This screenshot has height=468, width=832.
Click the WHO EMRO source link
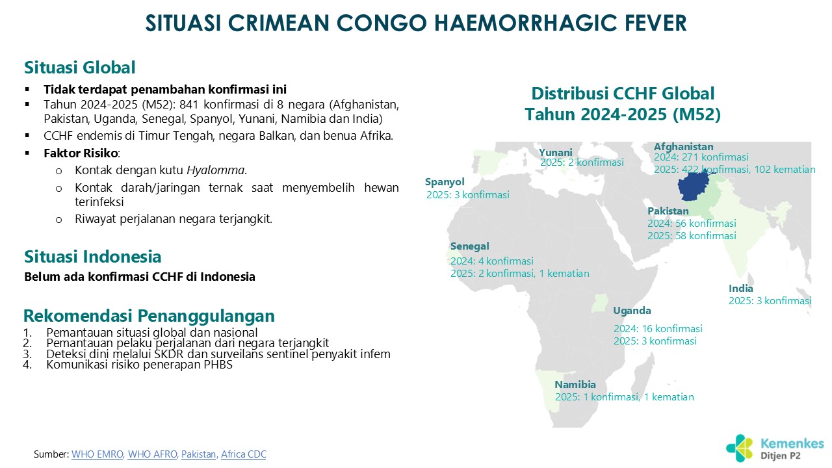(x=97, y=454)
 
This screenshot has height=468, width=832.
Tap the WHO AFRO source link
(x=152, y=454)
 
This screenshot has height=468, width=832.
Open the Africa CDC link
(x=244, y=454)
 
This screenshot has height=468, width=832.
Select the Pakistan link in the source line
(x=198, y=454)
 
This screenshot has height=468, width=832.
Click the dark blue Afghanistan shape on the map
(x=692, y=187)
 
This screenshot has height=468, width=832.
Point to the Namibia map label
(x=575, y=384)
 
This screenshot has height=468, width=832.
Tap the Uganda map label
(x=632, y=311)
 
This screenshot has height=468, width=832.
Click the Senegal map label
(x=469, y=246)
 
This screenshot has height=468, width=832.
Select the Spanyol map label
(x=445, y=182)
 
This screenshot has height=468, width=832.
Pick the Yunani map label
(x=556, y=152)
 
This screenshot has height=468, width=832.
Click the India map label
(x=740, y=288)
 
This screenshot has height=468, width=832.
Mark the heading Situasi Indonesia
(x=92, y=257)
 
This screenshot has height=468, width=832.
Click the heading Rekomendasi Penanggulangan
(x=149, y=316)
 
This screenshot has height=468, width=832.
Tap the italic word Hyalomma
(x=215, y=170)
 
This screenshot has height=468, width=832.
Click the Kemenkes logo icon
(x=739, y=448)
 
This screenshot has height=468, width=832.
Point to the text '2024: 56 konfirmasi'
(x=692, y=224)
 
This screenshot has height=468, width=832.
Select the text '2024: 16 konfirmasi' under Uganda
(x=658, y=329)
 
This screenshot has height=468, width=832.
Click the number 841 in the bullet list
(x=189, y=105)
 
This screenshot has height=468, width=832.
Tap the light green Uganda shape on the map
(x=600, y=303)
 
